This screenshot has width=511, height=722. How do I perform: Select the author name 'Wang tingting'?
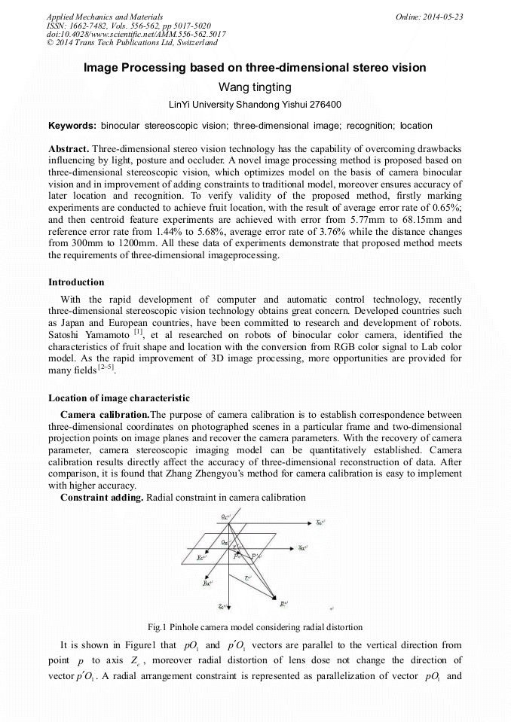click(x=255, y=87)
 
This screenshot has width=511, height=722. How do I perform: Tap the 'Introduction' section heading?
click(x=76, y=282)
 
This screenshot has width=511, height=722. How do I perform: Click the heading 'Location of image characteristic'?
click(x=119, y=398)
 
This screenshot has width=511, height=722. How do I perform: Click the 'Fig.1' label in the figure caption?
click(x=158, y=626)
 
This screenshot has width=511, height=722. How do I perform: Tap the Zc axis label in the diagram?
click(x=222, y=605)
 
